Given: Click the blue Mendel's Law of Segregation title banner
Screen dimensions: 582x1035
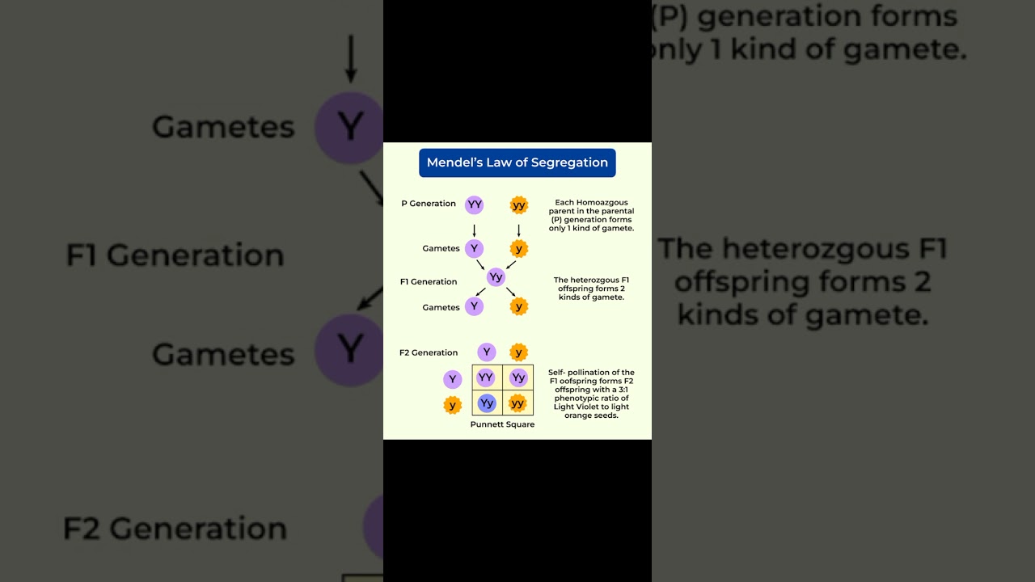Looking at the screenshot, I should tap(517, 162).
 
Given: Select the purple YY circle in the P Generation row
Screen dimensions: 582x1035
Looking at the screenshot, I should tap(475, 205).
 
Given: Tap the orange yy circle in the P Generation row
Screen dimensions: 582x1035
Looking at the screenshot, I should tap(519, 205).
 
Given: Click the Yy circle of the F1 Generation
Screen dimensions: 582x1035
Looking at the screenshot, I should tap(496, 277).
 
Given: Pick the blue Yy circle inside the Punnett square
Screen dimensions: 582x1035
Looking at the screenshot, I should tap(486, 403).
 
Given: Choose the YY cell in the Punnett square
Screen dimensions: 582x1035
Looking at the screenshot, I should tap(486, 377).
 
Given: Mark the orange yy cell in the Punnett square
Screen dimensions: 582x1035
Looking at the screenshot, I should tap(517, 403).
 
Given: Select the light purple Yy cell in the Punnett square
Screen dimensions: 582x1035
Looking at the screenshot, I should tap(517, 377).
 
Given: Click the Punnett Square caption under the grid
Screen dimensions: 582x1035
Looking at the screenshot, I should tap(502, 424).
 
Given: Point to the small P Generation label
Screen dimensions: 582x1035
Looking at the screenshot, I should tap(429, 204).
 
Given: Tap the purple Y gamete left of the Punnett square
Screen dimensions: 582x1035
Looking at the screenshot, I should tap(453, 379).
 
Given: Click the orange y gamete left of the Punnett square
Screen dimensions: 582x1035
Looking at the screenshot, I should tap(453, 405).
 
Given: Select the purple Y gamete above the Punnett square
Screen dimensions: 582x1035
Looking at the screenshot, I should tap(486, 352).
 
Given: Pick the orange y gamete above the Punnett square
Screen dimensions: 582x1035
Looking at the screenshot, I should tap(519, 352).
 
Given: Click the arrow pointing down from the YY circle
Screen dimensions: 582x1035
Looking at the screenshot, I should tap(475, 230).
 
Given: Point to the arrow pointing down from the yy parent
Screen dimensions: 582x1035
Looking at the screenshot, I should tap(519, 230).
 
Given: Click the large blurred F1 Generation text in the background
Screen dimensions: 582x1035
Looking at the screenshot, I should tap(175, 255).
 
